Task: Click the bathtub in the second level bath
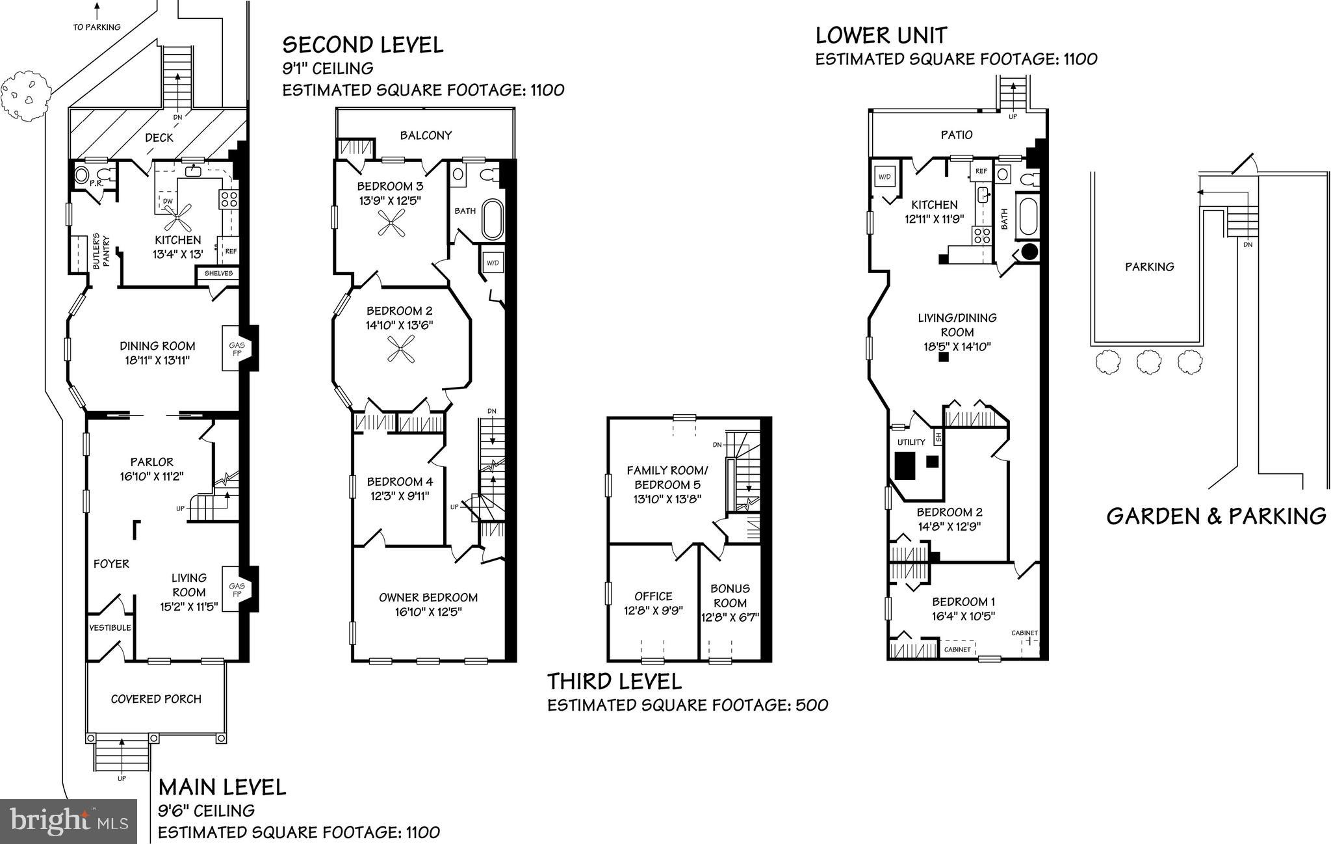(x=492, y=220)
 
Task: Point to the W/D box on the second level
(x=492, y=263)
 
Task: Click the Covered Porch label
(x=156, y=699)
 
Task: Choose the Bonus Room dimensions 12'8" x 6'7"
(x=730, y=618)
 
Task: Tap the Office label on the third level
(x=653, y=596)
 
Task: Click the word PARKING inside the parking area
(x=1150, y=267)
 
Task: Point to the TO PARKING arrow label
(x=97, y=27)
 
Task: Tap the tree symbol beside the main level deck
(x=26, y=96)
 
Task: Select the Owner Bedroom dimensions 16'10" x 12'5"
(x=428, y=612)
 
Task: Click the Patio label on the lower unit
(x=957, y=135)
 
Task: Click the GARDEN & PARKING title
(x=1216, y=516)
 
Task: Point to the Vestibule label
(x=110, y=627)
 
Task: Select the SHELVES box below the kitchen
(x=218, y=274)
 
